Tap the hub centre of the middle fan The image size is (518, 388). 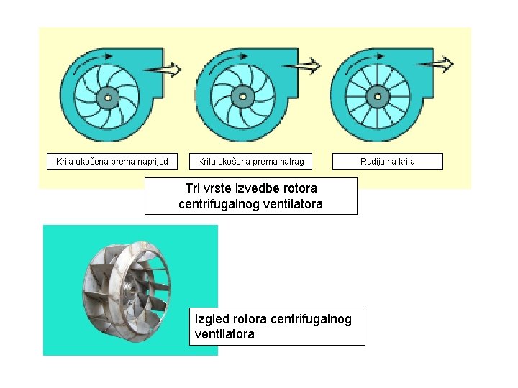[x=242, y=96]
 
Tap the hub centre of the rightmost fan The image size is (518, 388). [x=376, y=96]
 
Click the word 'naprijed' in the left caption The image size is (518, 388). [x=151, y=162]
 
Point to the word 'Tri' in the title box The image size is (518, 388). [x=193, y=188]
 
